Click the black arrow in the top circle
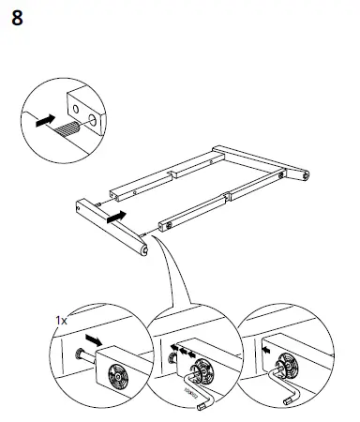tap(43, 121)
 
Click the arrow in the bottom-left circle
tap(91, 337)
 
